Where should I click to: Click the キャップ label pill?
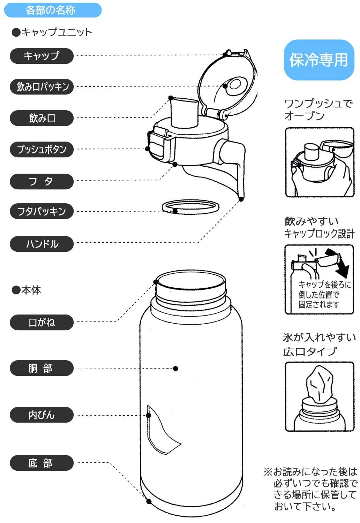click(42, 56)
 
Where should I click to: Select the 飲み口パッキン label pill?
click(42, 86)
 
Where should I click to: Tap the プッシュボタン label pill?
click(42, 149)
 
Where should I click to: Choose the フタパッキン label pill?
click(42, 211)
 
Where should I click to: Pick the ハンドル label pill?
click(42, 244)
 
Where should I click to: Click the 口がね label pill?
click(42, 322)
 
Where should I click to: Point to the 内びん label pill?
click(42, 415)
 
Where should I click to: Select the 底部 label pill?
click(42, 463)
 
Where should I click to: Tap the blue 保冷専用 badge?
click(319, 60)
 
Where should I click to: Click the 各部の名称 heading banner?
click(52, 10)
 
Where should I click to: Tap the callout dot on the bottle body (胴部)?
click(175, 369)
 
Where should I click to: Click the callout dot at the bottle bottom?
click(149, 501)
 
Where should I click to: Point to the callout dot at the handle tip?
click(241, 199)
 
